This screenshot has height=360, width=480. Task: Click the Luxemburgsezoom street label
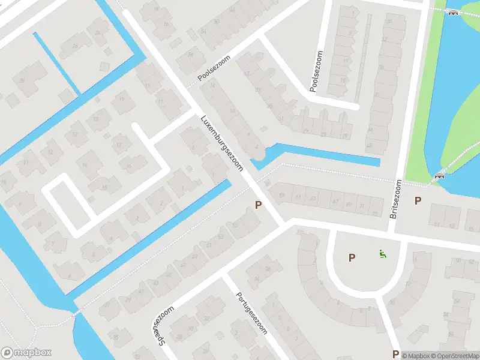(x=222, y=142)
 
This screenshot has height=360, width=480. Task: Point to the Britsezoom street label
(x=395, y=199)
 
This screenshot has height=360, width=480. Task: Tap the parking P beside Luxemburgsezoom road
(x=259, y=205)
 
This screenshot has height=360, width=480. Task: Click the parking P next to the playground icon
(x=352, y=257)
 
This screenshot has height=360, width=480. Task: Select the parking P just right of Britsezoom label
(x=418, y=201)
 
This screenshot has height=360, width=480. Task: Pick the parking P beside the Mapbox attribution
(x=395, y=354)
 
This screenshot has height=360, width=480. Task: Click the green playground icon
(x=382, y=254)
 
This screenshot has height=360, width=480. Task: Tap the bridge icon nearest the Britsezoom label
(x=440, y=176)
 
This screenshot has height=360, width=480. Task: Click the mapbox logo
(x=26, y=353)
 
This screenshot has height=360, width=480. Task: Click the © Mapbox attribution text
(x=418, y=356)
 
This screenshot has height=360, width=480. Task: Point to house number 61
(x=298, y=197)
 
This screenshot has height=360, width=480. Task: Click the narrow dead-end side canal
(x=57, y=63)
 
